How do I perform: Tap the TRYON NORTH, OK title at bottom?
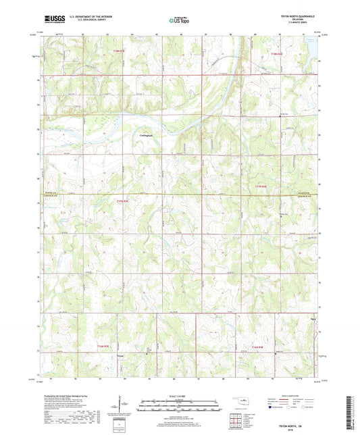click(x=298, y=424)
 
